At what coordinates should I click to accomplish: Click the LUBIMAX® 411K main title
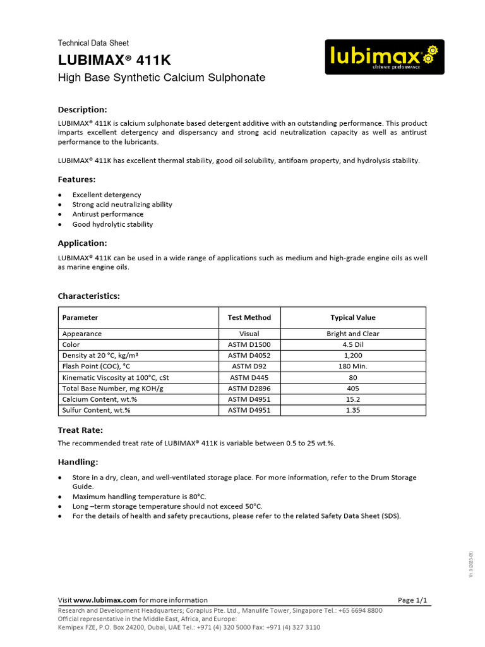point(114,61)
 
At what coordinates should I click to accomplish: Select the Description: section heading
point(83,109)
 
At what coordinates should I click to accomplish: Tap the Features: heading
point(77,179)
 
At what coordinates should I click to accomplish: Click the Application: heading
point(83,243)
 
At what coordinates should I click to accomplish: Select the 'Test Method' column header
point(249,317)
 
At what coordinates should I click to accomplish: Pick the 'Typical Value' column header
point(353,317)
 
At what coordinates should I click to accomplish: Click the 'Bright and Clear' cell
point(353,334)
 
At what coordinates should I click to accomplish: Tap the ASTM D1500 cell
point(249,345)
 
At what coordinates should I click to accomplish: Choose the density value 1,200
point(353,356)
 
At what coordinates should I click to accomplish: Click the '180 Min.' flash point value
point(353,366)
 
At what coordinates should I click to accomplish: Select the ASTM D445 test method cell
point(249,377)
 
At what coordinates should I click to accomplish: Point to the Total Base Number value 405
point(353,388)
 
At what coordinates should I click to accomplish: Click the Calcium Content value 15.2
point(353,399)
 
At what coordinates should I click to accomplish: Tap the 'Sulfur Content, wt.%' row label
point(100,410)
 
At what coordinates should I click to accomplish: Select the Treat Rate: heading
point(80,430)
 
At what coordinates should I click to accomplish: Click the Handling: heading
point(78,462)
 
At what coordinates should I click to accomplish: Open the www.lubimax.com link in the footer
point(105,600)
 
